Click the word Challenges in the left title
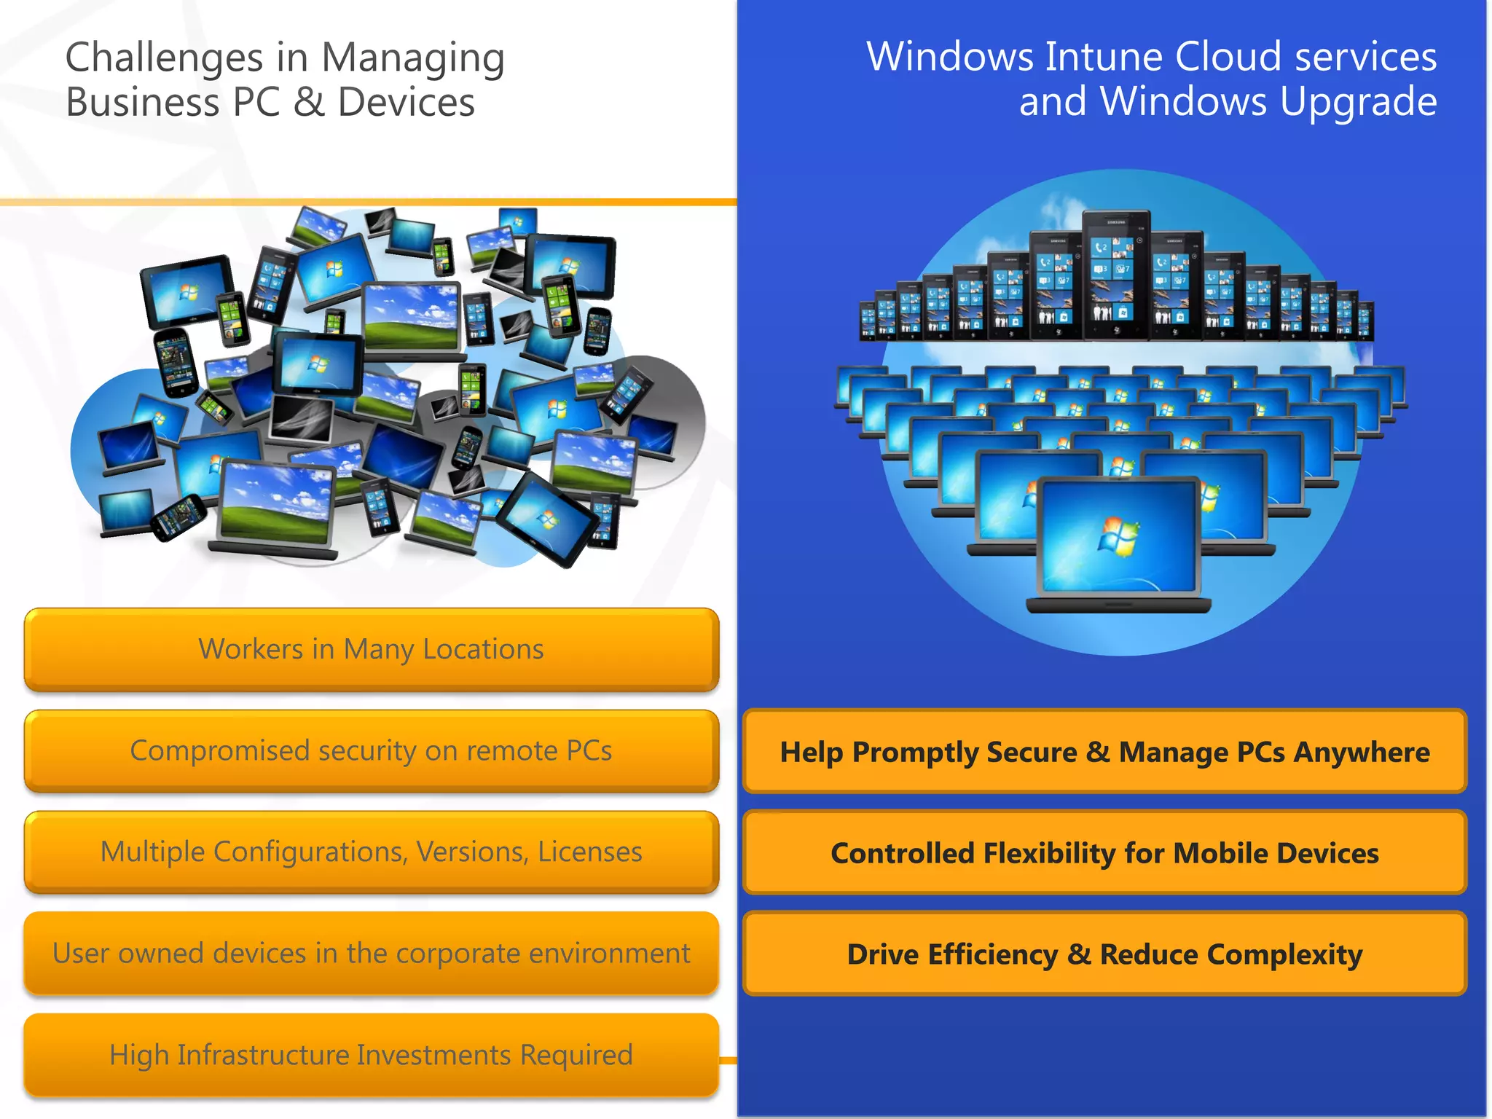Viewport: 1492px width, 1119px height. (164, 58)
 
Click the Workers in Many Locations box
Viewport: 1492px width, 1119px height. (372, 649)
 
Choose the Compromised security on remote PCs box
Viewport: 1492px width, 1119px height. (372, 751)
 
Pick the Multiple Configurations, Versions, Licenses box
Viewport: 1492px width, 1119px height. (372, 852)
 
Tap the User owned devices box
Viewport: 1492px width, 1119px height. (372, 954)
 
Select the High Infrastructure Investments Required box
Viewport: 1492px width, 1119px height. (372, 1055)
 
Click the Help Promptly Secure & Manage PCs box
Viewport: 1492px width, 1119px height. (1104, 752)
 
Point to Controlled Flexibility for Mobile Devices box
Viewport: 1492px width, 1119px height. (1104, 853)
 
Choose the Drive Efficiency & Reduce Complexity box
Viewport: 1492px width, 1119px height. (1104, 954)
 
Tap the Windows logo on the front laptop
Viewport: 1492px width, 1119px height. (1118, 536)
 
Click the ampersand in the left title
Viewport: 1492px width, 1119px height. (309, 102)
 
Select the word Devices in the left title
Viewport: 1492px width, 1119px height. (407, 102)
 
